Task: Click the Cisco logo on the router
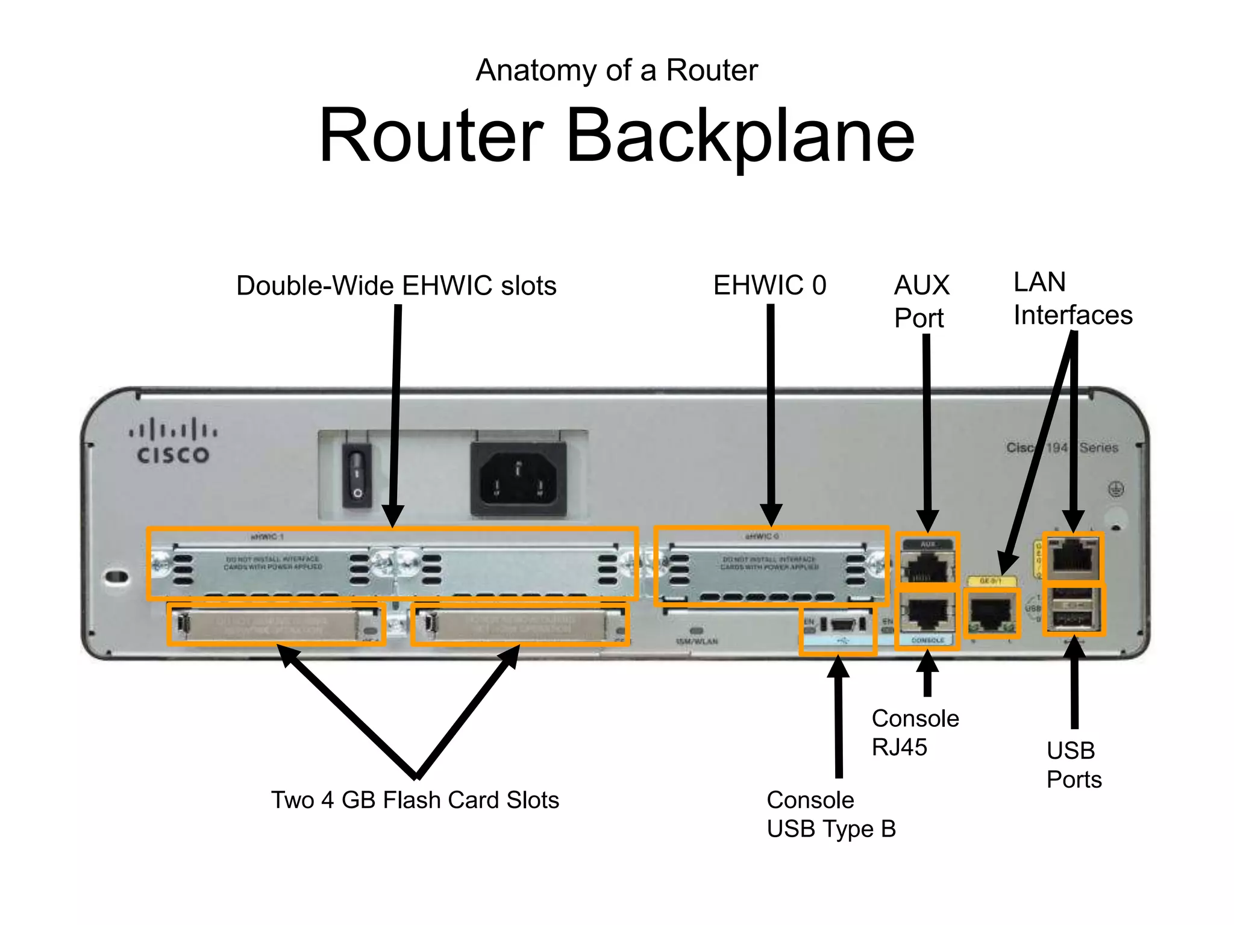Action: [x=173, y=441]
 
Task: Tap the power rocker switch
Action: [x=357, y=475]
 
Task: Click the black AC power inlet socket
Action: [x=518, y=479]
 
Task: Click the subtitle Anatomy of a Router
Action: [x=616, y=70]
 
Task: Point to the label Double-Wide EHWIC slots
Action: [x=396, y=285]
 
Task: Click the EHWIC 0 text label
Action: [x=769, y=285]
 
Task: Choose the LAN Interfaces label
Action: [x=1073, y=299]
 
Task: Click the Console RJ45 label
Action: [x=915, y=732]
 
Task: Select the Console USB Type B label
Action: [x=831, y=814]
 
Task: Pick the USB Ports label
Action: [x=1074, y=765]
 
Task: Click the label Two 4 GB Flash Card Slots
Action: [x=415, y=800]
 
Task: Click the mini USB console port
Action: [x=842, y=624]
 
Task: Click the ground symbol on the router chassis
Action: [x=1116, y=490]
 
